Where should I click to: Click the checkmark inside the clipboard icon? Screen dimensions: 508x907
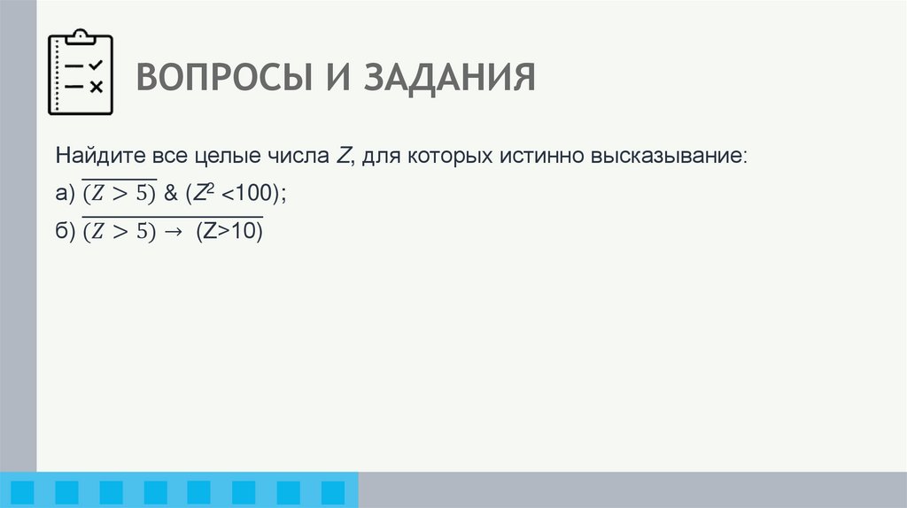coord(96,65)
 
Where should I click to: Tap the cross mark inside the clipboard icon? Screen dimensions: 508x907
coord(96,86)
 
